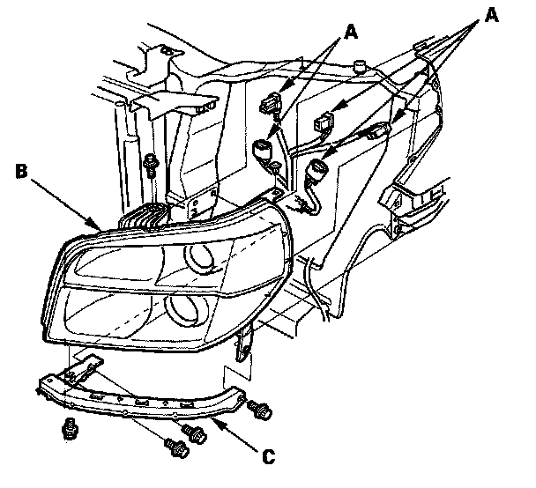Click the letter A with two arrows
(x=351, y=33)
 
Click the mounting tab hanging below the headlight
(x=246, y=344)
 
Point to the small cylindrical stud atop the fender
(x=359, y=64)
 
